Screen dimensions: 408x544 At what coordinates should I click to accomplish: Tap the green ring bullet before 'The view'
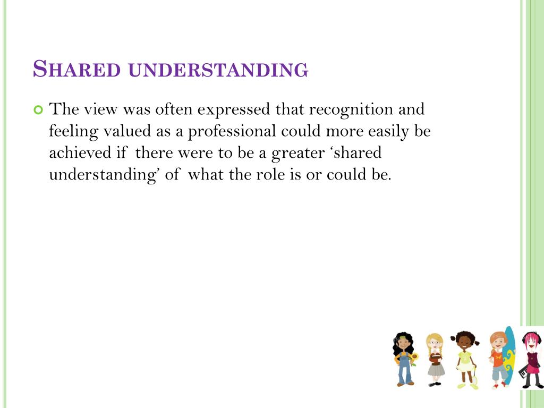coord(37,110)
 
